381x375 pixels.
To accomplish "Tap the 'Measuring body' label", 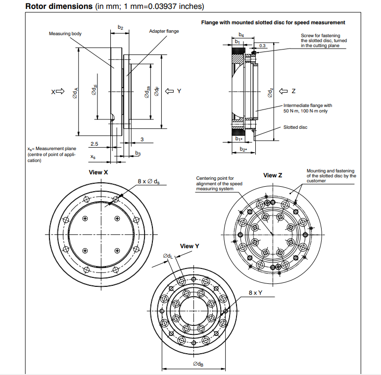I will click(65, 34).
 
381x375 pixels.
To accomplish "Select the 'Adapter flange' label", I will click(164, 31).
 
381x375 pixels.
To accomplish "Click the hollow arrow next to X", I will click(60, 92).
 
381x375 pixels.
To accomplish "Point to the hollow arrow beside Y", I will click(169, 91).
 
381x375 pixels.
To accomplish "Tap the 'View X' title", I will click(98, 172).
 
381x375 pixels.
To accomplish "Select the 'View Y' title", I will click(190, 246).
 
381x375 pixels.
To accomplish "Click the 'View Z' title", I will click(273, 175).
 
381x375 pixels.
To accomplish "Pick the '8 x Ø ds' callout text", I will click(148, 182).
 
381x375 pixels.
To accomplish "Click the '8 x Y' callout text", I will click(255, 293).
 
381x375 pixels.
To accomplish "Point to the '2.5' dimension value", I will click(95, 144).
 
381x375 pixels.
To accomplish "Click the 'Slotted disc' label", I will click(295, 127).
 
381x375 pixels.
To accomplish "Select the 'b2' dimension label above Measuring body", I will click(120, 27).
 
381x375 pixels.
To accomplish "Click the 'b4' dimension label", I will click(241, 34).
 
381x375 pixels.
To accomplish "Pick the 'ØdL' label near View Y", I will click(168, 256).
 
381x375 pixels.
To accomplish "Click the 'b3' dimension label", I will click(138, 154).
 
